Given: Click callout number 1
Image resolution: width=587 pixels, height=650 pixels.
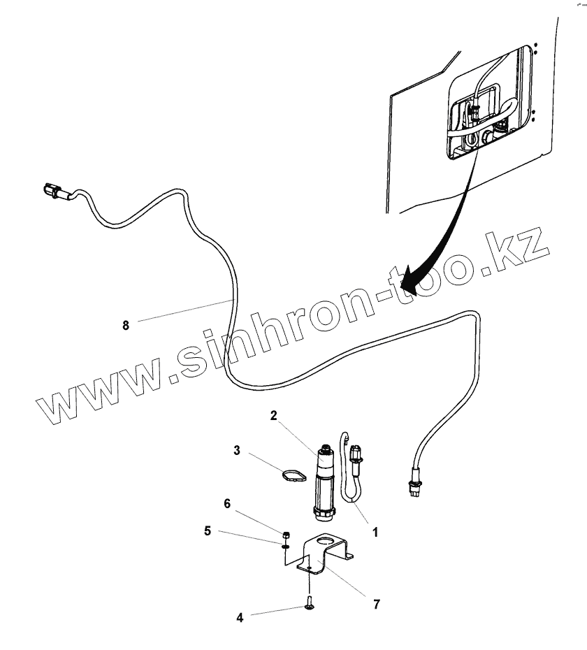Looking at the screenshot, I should click(x=375, y=532).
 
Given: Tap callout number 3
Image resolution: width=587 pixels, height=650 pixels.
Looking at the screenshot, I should click(x=237, y=451).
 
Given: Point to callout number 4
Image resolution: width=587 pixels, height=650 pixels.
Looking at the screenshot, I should click(x=240, y=617).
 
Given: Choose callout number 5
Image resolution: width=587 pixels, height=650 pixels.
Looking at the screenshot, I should click(x=208, y=530).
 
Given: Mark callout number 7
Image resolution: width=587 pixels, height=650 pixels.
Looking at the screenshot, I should click(x=377, y=605).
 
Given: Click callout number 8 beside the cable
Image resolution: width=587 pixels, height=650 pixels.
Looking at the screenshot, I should click(x=126, y=325).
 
